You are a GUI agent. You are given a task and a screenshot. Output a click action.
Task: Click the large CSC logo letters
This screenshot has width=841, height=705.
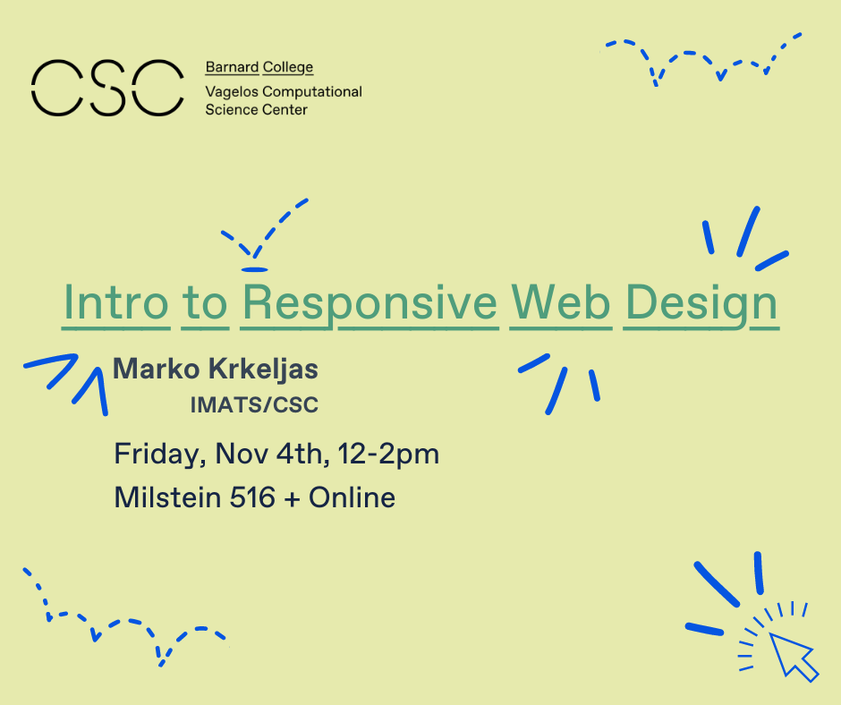(107, 88)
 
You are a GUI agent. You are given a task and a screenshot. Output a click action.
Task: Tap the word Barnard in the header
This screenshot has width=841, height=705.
(232, 67)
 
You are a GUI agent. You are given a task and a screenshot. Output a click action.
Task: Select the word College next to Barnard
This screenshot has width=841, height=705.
(287, 68)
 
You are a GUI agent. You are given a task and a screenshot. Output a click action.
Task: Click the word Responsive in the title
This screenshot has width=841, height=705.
(370, 303)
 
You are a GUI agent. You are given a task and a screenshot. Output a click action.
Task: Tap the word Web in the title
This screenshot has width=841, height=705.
(560, 302)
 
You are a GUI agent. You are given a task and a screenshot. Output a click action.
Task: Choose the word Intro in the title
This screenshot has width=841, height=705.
(115, 302)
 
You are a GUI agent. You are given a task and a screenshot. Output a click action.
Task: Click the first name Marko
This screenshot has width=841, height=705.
(156, 369)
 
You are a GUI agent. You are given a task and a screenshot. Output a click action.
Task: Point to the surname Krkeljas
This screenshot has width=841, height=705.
(263, 370)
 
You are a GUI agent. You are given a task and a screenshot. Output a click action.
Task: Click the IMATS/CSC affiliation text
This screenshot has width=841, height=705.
(254, 404)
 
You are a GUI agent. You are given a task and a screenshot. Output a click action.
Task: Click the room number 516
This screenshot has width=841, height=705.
(252, 497)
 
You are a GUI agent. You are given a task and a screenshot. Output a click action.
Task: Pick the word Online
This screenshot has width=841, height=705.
(352, 497)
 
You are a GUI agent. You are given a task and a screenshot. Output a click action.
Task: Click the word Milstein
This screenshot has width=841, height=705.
(168, 497)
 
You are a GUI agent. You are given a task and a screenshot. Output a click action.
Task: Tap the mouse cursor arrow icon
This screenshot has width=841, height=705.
(793, 657)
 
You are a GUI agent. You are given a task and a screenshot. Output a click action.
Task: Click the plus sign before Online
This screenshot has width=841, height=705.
(292, 499)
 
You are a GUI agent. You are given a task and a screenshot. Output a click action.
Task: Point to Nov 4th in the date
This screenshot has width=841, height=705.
(272, 454)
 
